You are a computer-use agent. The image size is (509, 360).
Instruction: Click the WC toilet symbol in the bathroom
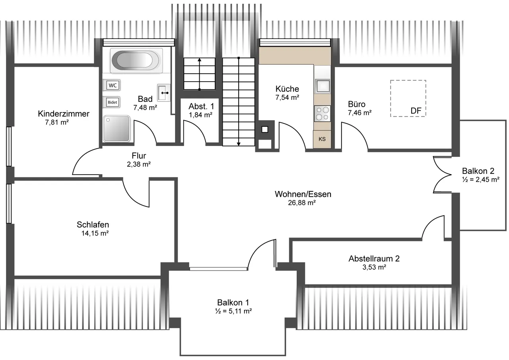[x=111, y=85]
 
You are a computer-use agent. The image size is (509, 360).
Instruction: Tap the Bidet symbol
[x=111, y=102]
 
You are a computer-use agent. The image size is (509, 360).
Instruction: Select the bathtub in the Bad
[x=136, y=60]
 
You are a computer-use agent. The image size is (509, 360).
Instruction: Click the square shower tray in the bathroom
[x=117, y=128]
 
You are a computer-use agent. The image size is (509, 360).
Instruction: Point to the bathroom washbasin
[x=163, y=93]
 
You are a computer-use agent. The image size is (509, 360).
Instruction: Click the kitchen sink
[x=322, y=86]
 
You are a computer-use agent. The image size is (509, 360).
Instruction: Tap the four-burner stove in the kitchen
[x=322, y=113]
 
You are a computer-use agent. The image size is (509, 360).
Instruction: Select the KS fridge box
[x=322, y=139]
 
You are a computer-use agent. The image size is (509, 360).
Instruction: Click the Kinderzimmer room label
[x=64, y=114]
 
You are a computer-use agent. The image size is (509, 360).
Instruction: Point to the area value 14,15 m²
[x=95, y=234]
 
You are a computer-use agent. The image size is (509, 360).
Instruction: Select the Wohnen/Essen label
[x=303, y=194]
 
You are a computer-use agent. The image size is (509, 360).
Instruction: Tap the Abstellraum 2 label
[x=374, y=259]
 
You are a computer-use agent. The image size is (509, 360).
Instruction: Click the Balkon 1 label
[x=233, y=302]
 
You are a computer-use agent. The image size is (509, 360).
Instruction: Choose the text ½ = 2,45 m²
[x=481, y=179]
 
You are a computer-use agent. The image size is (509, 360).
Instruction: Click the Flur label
[x=139, y=156]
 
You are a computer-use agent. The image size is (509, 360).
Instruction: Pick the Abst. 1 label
[x=201, y=106]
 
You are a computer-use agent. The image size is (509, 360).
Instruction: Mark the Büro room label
[x=357, y=104]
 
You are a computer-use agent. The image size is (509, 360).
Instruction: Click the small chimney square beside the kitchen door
[x=265, y=130]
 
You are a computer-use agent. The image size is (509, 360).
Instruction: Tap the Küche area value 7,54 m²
[x=287, y=97]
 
